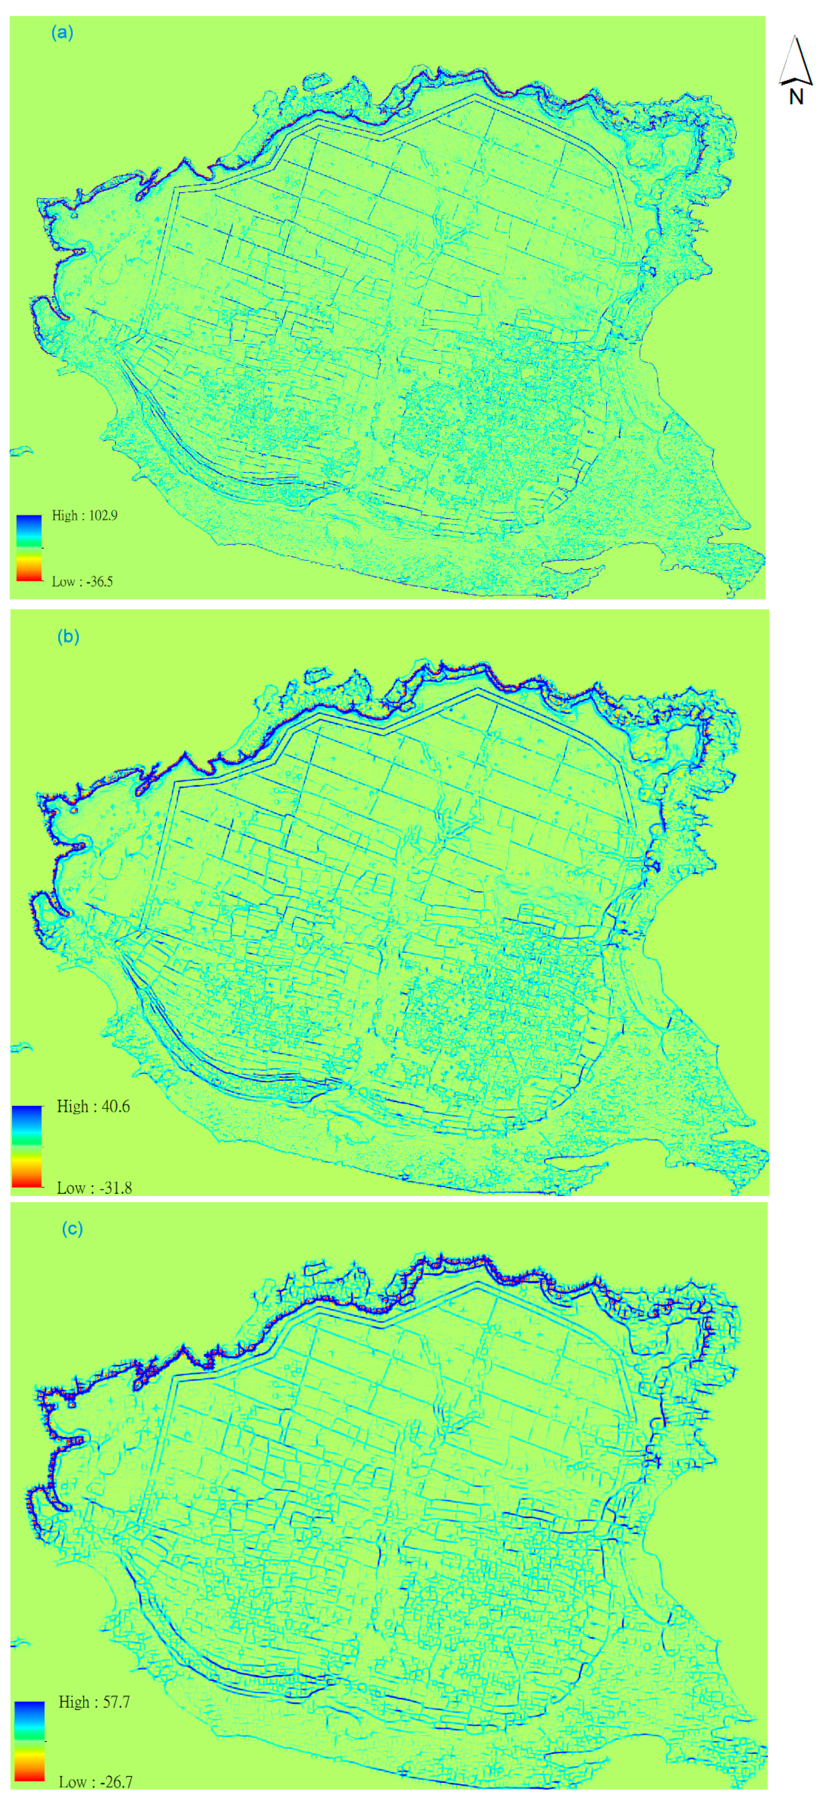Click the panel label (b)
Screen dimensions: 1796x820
coord(67,637)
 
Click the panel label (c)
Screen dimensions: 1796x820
coord(72,1229)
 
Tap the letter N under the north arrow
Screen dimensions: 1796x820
coord(796,97)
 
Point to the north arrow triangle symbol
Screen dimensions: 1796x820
coord(795,62)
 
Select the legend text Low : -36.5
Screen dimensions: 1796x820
coord(82,581)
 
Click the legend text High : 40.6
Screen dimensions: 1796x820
coord(93,1107)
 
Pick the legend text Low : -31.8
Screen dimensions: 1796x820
coord(94,1188)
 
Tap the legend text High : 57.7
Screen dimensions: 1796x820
coord(94,1702)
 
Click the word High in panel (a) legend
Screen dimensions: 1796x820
coord(65,516)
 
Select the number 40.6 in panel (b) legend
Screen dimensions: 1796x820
coord(114,1107)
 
